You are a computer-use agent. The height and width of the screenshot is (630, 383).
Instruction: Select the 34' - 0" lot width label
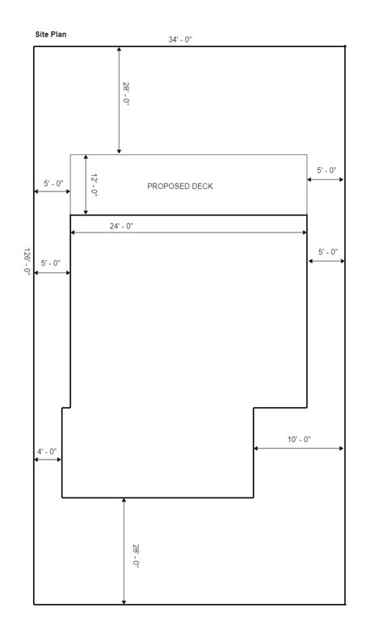(x=179, y=40)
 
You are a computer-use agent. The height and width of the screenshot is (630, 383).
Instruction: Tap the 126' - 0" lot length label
(x=27, y=262)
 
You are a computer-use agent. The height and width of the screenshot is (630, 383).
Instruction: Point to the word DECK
(x=202, y=187)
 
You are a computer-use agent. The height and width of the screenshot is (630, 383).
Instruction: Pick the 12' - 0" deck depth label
(x=95, y=186)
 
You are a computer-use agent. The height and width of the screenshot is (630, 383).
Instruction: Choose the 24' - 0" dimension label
(x=122, y=226)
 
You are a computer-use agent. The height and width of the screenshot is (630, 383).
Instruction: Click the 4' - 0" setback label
(x=46, y=451)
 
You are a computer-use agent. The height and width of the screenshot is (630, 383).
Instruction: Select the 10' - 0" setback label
(x=299, y=439)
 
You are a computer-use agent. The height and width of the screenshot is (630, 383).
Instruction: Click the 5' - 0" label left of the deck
(x=53, y=183)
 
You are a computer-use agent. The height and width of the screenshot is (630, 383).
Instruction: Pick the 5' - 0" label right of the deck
(x=326, y=170)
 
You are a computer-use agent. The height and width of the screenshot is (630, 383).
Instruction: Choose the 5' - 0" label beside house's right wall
(x=327, y=252)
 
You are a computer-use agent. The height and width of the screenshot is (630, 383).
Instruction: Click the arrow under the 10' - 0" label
(x=299, y=448)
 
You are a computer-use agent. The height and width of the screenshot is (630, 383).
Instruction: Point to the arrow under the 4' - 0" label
(x=48, y=460)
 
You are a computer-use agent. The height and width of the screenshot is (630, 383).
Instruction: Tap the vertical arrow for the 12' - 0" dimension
(x=84, y=184)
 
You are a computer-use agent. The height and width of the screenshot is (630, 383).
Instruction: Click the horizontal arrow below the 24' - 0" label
(x=188, y=233)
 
